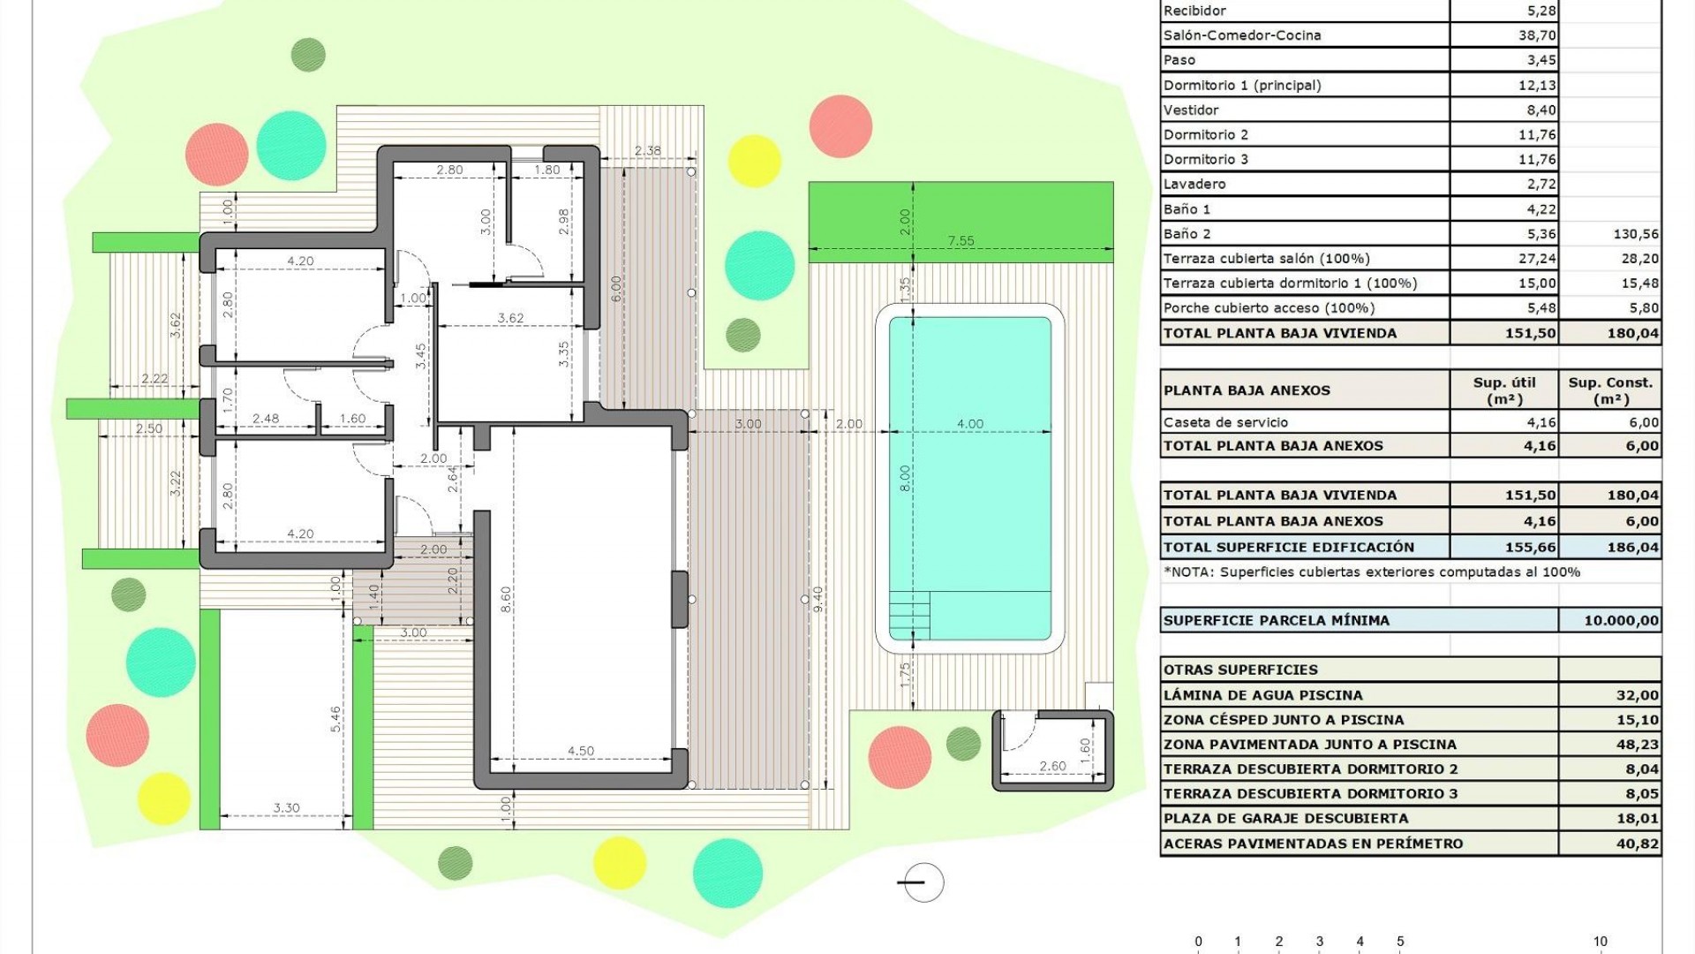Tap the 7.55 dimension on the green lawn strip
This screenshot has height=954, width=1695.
pos(960,240)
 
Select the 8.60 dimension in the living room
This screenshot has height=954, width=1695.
pos(506,600)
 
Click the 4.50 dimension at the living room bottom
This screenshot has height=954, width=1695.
pos(580,751)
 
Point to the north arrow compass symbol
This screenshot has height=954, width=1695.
pos(923,882)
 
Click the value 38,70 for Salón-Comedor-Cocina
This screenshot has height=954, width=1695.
pos(1536,35)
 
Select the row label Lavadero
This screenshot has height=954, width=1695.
pos(1194,184)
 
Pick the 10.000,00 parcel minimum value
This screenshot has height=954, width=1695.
pos(1621,620)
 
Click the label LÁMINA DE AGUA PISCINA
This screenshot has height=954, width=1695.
pos(1262,695)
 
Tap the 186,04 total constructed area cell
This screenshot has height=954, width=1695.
pos(1632,547)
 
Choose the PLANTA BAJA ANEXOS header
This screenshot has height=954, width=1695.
pos(1246,390)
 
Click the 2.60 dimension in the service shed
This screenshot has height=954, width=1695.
pos(1052,766)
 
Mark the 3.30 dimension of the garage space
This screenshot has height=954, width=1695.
pos(286,807)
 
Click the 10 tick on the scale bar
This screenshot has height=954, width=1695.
pos(1600,942)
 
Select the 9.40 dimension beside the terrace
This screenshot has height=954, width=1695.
pos(817,600)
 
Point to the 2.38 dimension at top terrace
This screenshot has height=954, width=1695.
pos(647,150)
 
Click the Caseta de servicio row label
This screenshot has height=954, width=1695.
pos(1225,422)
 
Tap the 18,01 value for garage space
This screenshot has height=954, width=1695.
pos(1636,818)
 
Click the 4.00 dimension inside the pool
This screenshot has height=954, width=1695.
pos(969,424)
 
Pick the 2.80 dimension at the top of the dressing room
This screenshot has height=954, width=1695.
pos(449,170)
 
